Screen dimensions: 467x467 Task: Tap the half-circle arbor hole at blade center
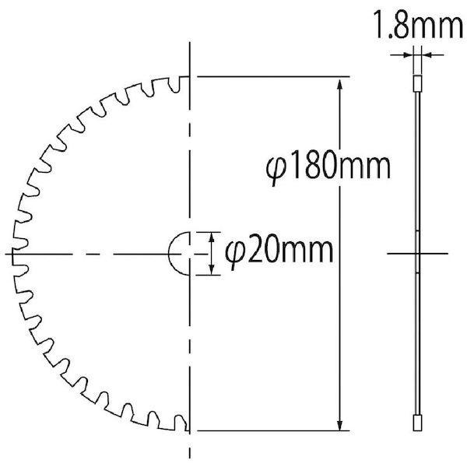click(x=179, y=253)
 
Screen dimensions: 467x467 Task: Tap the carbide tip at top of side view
click(x=416, y=82)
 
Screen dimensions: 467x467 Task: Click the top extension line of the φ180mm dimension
click(x=272, y=77)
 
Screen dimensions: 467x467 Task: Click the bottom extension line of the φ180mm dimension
click(x=272, y=430)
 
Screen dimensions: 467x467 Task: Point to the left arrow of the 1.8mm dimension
click(x=406, y=54)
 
